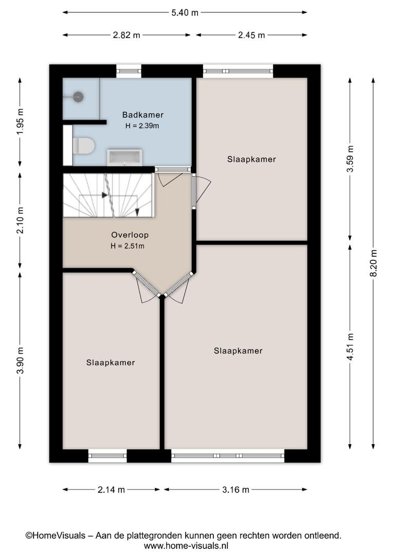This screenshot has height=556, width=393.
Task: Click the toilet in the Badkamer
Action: click(x=84, y=146)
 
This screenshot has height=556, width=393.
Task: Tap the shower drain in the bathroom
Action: click(x=78, y=96)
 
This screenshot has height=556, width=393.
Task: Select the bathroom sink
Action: click(x=124, y=158)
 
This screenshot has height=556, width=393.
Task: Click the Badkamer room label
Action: click(x=143, y=114)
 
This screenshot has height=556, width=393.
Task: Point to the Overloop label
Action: click(x=130, y=235)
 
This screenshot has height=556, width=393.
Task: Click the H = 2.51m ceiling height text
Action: click(x=128, y=246)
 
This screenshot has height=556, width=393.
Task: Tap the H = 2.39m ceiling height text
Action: click(x=142, y=126)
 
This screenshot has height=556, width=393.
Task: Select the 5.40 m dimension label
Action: click(x=185, y=13)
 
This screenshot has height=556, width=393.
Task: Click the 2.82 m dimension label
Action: click(x=127, y=35)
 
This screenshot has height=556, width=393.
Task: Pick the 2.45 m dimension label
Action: click(x=252, y=35)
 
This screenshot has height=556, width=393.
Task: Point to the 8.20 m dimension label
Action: click(x=373, y=263)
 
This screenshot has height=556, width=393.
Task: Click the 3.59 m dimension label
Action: click(x=350, y=159)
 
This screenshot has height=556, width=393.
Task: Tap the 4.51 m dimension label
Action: click(x=350, y=347)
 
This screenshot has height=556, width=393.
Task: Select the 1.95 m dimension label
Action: click(x=20, y=121)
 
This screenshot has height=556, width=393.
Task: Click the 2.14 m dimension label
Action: click(x=111, y=490)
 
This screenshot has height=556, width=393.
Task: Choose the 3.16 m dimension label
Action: click(x=236, y=490)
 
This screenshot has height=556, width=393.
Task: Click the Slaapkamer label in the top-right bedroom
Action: click(x=252, y=159)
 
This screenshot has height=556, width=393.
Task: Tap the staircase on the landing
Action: click(x=109, y=195)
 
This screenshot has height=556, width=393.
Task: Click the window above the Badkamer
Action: click(x=129, y=71)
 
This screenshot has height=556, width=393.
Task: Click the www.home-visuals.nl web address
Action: click(x=186, y=545)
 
